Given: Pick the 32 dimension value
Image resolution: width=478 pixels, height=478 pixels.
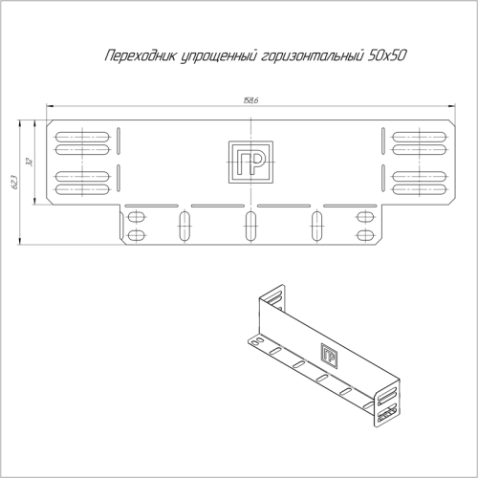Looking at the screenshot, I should pyautogui.click(x=32, y=162).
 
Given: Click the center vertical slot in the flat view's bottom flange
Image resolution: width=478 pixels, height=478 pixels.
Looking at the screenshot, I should pyautogui.click(x=250, y=227).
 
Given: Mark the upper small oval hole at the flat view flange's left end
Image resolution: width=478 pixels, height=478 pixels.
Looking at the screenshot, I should pyautogui.click(x=137, y=217).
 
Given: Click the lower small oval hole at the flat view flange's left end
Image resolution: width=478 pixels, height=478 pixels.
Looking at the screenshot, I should pyautogui.click(x=137, y=233).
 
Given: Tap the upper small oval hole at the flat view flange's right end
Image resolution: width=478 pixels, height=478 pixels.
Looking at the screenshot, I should pyautogui.click(x=364, y=217).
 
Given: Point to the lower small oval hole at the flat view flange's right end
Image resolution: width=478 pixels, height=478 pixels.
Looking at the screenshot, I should pyautogui.click(x=364, y=233).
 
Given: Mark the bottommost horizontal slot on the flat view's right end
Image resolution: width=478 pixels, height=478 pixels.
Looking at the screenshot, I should pyautogui.click(x=420, y=187).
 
